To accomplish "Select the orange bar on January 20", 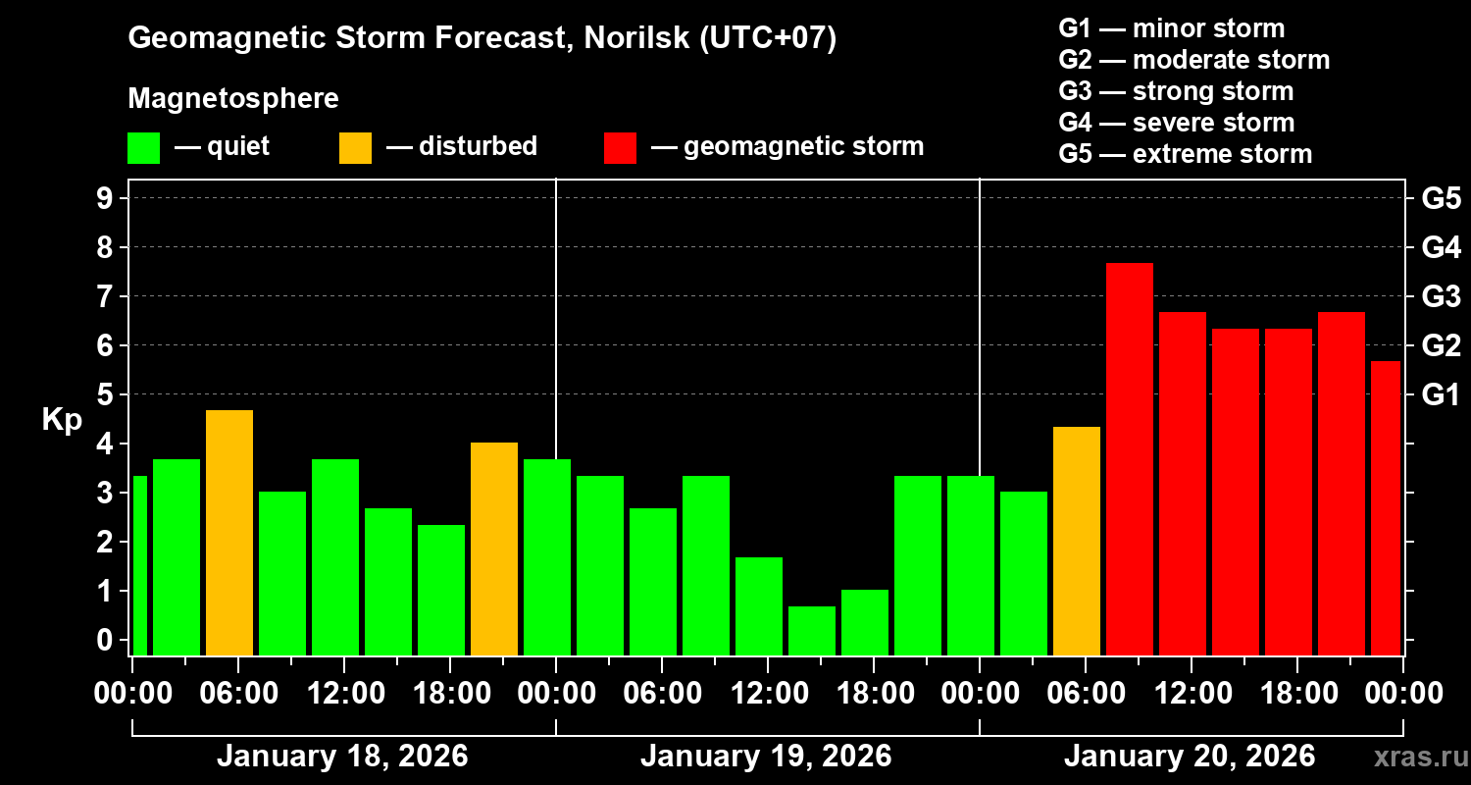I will click(x=1077, y=541).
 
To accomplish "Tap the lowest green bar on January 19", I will click(x=812, y=631).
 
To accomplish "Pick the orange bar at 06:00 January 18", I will click(x=229, y=532).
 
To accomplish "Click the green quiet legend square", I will click(x=143, y=147).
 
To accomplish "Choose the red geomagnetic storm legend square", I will click(x=621, y=147).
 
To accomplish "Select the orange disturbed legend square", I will click(x=355, y=147).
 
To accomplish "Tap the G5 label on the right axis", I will click(x=1441, y=198).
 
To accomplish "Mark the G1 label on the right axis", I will click(x=1441, y=394).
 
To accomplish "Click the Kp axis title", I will click(x=61, y=419).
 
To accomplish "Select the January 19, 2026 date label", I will click(x=766, y=757).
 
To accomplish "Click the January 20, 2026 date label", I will click(x=1190, y=757).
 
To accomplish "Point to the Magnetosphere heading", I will click(x=233, y=99).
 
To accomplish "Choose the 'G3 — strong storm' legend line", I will click(x=1176, y=91).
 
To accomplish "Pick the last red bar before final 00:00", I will click(x=1386, y=507).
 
